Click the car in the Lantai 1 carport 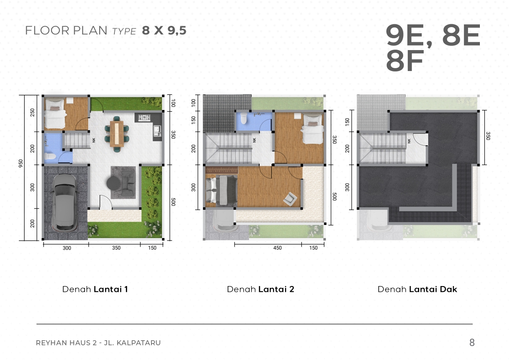tap(65, 202)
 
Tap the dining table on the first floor tap(117, 134)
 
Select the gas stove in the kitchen tap(144, 117)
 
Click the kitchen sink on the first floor tap(157, 131)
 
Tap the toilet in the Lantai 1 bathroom tap(50, 156)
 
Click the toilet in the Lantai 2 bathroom tap(244, 118)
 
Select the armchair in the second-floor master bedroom tap(290, 199)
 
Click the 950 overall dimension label tap(21, 163)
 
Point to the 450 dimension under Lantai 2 tap(277, 248)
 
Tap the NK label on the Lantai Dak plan tap(409, 141)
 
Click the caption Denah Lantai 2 tap(260, 289)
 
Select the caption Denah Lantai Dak tap(417, 289)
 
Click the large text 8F tap(405, 61)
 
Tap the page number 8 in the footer tap(472, 342)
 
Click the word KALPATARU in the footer tap(139, 343)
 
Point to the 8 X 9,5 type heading tap(164, 30)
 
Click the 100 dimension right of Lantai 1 tap(173, 103)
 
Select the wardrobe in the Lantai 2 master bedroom tap(222, 170)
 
